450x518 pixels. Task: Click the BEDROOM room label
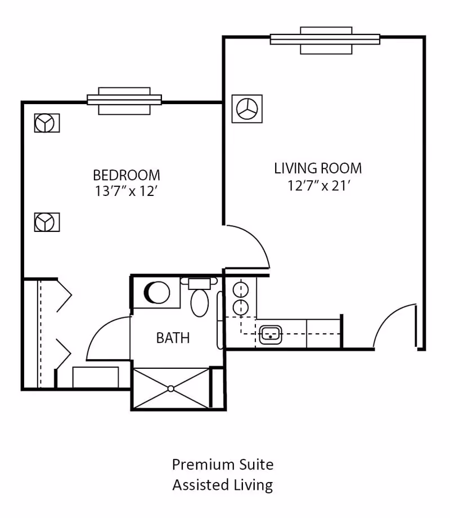(127, 175)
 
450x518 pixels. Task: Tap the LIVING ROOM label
(318, 168)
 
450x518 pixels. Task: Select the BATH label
(173, 338)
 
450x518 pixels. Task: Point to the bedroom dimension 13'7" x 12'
(126, 191)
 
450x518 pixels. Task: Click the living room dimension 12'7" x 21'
(318, 186)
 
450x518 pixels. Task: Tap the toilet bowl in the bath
(200, 303)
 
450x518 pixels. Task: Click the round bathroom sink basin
(157, 292)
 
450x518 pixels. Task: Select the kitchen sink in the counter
(271, 334)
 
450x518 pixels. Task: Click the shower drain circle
(170, 389)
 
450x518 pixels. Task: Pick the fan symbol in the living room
(247, 109)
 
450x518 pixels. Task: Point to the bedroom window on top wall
(124, 101)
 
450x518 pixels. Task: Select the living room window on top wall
(325, 40)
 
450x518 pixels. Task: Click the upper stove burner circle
(240, 290)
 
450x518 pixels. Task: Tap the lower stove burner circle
(240, 307)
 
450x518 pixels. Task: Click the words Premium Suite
(223, 465)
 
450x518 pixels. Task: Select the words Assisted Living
(223, 485)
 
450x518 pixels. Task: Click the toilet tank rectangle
(200, 284)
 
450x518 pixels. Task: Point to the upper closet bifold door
(64, 296)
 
